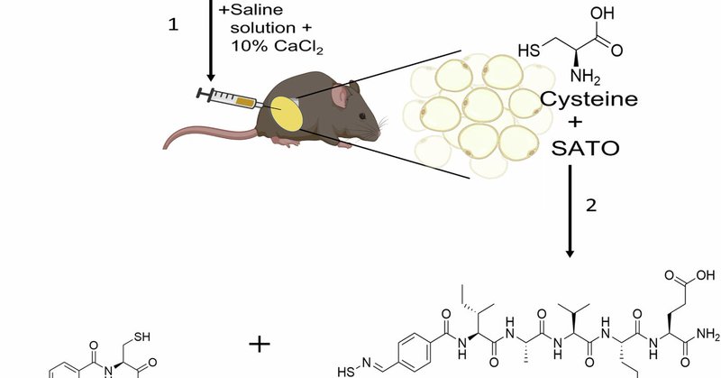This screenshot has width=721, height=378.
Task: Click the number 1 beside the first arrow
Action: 174,25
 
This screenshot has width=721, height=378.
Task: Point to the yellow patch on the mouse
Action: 288,116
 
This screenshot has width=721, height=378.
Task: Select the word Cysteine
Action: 581,98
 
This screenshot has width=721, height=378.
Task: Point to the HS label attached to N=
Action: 346,370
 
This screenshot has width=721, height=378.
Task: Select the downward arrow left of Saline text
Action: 210,41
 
